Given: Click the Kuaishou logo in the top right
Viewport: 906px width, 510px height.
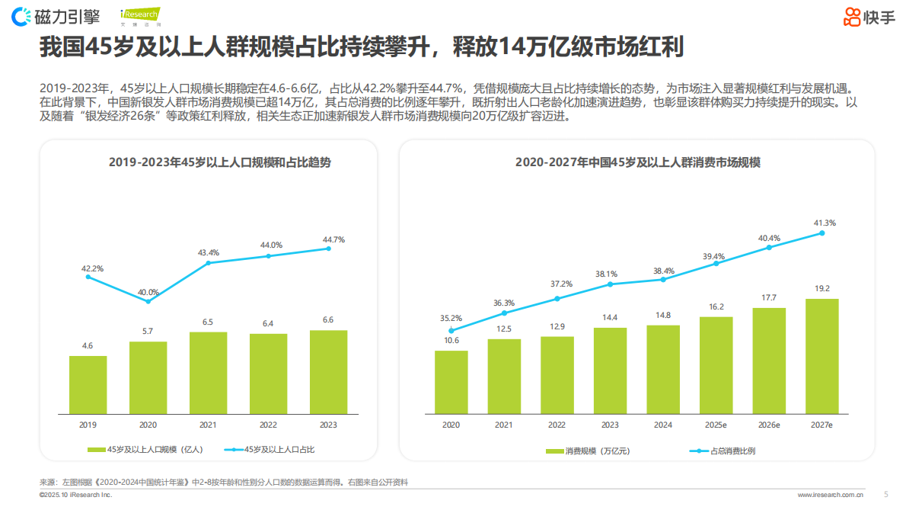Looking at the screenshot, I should (x=869, y=16).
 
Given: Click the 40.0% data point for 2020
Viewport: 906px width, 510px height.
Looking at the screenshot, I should (x=148, y=302).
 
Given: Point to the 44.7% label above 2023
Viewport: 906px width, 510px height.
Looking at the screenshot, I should (x=333, y=239).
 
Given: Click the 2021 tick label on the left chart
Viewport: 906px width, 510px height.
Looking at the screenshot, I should (x=208, y=425).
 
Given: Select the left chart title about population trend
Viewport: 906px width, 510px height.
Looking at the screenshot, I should (x=209, y=162).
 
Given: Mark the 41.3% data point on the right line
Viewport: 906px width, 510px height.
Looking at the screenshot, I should (x=822, y=233).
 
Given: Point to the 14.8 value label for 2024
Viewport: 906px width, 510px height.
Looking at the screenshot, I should (x=662, y=316).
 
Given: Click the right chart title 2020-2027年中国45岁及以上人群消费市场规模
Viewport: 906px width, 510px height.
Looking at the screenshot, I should (x=637, y=162).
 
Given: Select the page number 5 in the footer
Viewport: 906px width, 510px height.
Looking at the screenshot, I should (x=885, y=494).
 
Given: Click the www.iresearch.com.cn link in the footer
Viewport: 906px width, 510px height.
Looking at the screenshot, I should (x=830, y=495).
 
